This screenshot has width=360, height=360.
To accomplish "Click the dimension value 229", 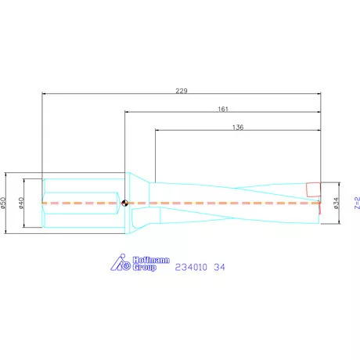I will pyautogui.click(x=182, y=91).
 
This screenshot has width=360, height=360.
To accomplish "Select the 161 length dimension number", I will pyautogui.click(x=222, y=110).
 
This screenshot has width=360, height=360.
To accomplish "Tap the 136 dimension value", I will pyautogui.click(x=239, y=127).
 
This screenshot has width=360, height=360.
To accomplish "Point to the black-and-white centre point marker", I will pyautogui.click(x=124, y=202).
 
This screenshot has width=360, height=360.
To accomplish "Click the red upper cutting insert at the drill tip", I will pyautogui.click(x=313, y=189).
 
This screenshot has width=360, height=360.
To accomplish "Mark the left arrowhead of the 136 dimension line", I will pyautogui.click(x=157, y=131).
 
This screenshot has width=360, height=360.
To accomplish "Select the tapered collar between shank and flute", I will pyautogui.click(x=139, y=202).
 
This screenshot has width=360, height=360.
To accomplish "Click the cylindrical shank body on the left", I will pyautogui.click(x=82, y=202).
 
